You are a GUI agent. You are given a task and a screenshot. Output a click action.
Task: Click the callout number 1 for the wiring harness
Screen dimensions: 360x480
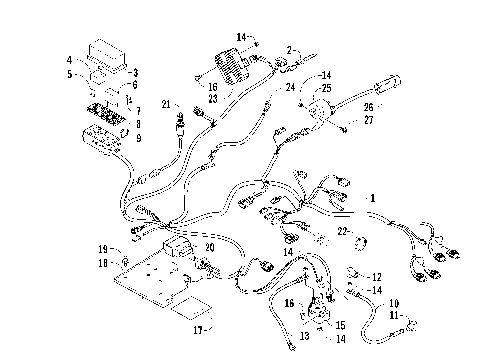pyautogui.click(x=374, y=197)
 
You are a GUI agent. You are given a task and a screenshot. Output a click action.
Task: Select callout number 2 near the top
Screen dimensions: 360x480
pyautogui.click(x=290, y=50)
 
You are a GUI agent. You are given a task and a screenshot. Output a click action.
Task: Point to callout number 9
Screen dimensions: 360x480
pyautogui.click(x=137, y=138)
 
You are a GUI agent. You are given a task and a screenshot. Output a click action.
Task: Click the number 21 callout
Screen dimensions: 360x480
pyautogui.click(x=167, y=104)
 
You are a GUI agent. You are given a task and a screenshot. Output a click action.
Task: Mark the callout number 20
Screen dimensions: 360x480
pyautogui.click(x=210, y=248)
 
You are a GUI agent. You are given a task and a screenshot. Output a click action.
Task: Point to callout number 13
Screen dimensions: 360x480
pyautogui.click(x=303, y=337)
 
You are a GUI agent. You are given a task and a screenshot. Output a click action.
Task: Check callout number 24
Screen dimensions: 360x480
pyautogui.click(x=290, y=89)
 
